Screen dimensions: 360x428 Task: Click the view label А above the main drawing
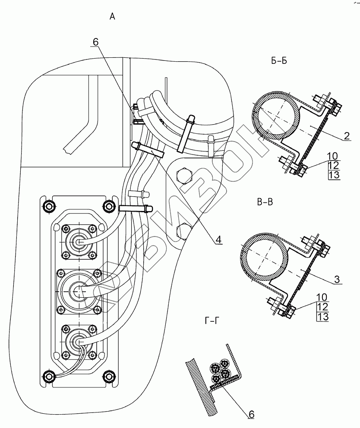pos(112,17)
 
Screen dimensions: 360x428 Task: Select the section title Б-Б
pos(279,61)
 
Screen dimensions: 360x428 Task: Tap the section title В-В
pos(265,202)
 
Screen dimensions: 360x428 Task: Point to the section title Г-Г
pos(212,321)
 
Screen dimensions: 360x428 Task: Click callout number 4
pos(218,239)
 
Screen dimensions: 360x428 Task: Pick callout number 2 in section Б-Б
pos(347,135)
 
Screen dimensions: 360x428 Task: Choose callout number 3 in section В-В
pos(337,279)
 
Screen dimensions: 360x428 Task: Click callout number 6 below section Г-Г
pos(251,414)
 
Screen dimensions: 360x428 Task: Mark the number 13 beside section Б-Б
pos(334,174)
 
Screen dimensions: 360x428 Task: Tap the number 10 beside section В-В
pos(322,297)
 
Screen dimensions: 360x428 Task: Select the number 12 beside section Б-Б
pos(334,165)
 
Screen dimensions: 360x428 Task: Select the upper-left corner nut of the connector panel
pos(50,207)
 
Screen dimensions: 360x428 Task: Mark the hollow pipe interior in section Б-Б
pos(276,115)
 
